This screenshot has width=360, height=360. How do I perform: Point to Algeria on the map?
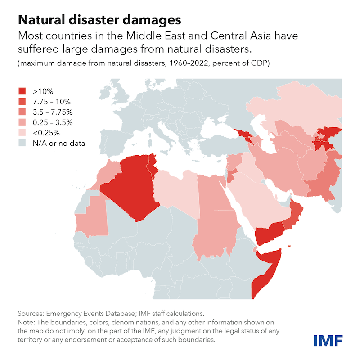[x=130, y=184]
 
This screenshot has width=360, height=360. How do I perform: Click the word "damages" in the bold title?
[x=140, y=20]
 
